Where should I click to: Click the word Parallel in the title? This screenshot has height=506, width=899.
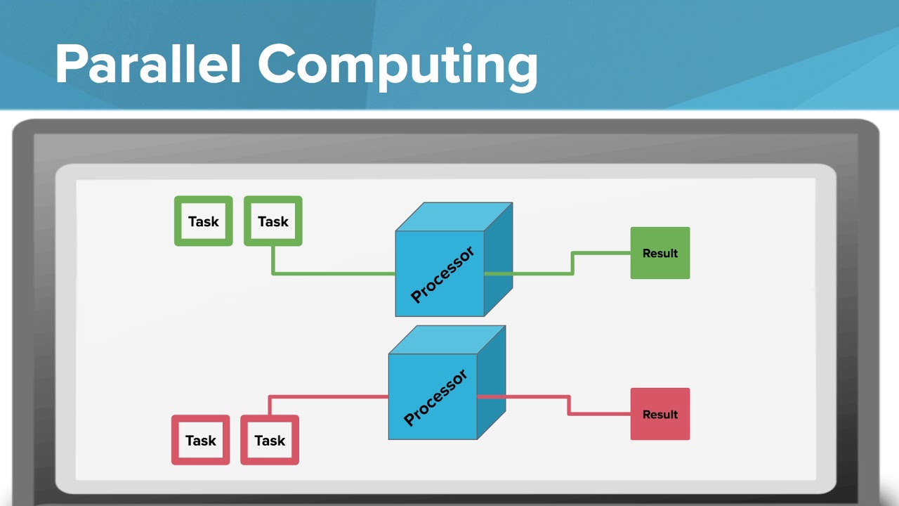(148, 65)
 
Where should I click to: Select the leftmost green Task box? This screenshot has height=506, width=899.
(204, 221)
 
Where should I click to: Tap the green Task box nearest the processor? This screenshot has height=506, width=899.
(273, 221)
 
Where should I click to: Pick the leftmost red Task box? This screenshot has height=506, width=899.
(201, 441)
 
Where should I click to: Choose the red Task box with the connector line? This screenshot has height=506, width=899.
(270, 441)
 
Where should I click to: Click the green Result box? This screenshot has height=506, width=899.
(660, 253)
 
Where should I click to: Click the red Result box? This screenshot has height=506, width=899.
(660, 414)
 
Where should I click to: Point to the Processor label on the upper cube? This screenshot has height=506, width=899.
(442, 275)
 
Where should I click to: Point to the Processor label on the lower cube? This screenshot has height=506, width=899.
(435, 398)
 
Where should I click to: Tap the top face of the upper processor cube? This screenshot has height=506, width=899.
(454, 216)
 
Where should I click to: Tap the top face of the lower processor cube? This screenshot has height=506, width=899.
(447, 339)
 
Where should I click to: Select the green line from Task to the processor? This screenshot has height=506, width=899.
(330, 273)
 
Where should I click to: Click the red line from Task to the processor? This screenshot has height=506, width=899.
(330, 397)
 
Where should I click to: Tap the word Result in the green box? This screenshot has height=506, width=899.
(660, 253)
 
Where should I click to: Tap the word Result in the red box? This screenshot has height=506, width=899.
(660, 414)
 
